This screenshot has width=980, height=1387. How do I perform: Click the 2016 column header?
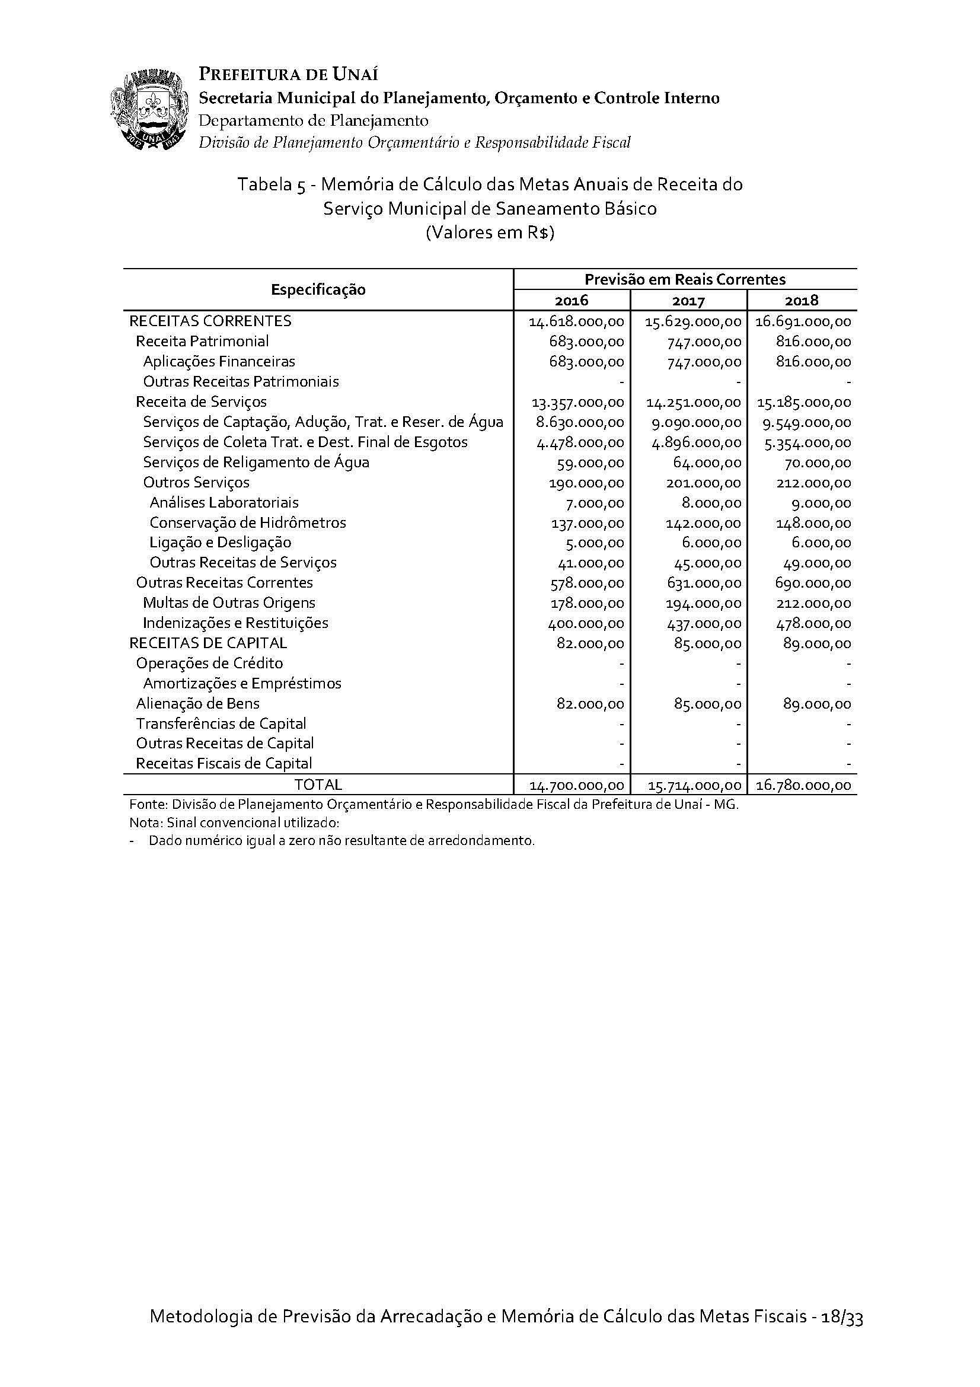click(x=570, y=300)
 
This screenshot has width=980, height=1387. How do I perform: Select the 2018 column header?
click(x=802, y=300)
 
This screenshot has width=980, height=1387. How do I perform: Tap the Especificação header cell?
click(x=318, y=289)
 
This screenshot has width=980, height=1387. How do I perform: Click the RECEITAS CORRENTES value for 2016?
click(x=576, y=321)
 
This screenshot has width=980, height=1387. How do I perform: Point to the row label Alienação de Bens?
click(x=197, y=703)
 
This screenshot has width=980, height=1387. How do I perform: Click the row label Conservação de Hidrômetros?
click(x=248, y=522)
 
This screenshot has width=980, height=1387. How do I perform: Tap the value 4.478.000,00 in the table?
click(x=580, y=443)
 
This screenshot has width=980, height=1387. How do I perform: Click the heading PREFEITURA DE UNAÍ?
click(x=288, y=75)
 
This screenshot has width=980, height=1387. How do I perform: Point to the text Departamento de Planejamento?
click(x=314, y=120)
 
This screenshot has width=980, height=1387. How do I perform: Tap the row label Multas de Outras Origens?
click(x=229, y=603)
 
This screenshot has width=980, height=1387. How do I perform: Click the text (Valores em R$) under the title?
click(x=490, y=232)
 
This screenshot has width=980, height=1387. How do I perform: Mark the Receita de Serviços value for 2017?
click(x=693, y=402)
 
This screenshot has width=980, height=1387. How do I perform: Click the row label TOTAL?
click(x=318, y=785)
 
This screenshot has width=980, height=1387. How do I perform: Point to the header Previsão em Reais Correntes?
click(x=685, y=279)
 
